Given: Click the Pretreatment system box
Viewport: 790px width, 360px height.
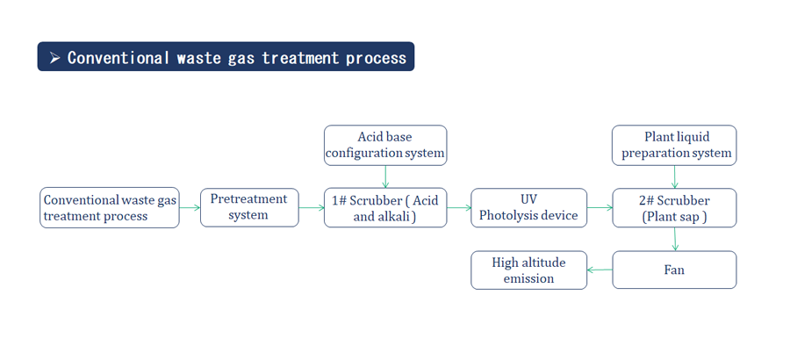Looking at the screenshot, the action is tap(249, 207).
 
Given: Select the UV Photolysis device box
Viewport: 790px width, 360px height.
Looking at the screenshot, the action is tap(529, 207).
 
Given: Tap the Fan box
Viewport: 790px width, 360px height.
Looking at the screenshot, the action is tap(674, 270).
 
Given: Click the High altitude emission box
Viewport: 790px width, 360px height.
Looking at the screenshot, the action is tap(529, 270).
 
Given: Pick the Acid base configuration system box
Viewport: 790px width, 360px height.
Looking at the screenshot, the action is tap(385, 145).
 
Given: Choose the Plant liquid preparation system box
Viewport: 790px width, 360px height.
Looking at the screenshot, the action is tap(674, 145).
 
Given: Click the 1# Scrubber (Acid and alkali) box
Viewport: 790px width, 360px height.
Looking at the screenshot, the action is tap(385, 207).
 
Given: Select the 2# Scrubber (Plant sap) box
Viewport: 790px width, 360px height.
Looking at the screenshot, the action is tap(674, 207).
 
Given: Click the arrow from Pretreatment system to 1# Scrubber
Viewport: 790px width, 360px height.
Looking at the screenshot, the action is tap(312, 207).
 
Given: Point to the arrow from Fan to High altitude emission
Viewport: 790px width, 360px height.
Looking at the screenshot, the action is tap(600, 270).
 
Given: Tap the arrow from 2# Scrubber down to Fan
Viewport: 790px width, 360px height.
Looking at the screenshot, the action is tap(675, 239).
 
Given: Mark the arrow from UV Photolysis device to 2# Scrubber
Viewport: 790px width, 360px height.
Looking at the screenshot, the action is tap(600, 207).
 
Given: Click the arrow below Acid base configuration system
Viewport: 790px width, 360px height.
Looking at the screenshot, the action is tap(385, 176).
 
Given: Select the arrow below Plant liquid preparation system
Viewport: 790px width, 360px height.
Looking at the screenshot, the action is tap(675, 176).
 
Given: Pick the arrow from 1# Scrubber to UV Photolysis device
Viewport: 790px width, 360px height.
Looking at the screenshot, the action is tap(459, 207).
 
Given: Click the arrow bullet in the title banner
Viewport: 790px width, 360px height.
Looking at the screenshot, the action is tap(55, 58).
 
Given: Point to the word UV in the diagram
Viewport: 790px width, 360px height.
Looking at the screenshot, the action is tap(528, 200).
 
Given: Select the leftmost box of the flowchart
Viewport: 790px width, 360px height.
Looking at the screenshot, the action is tap(110, 207).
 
